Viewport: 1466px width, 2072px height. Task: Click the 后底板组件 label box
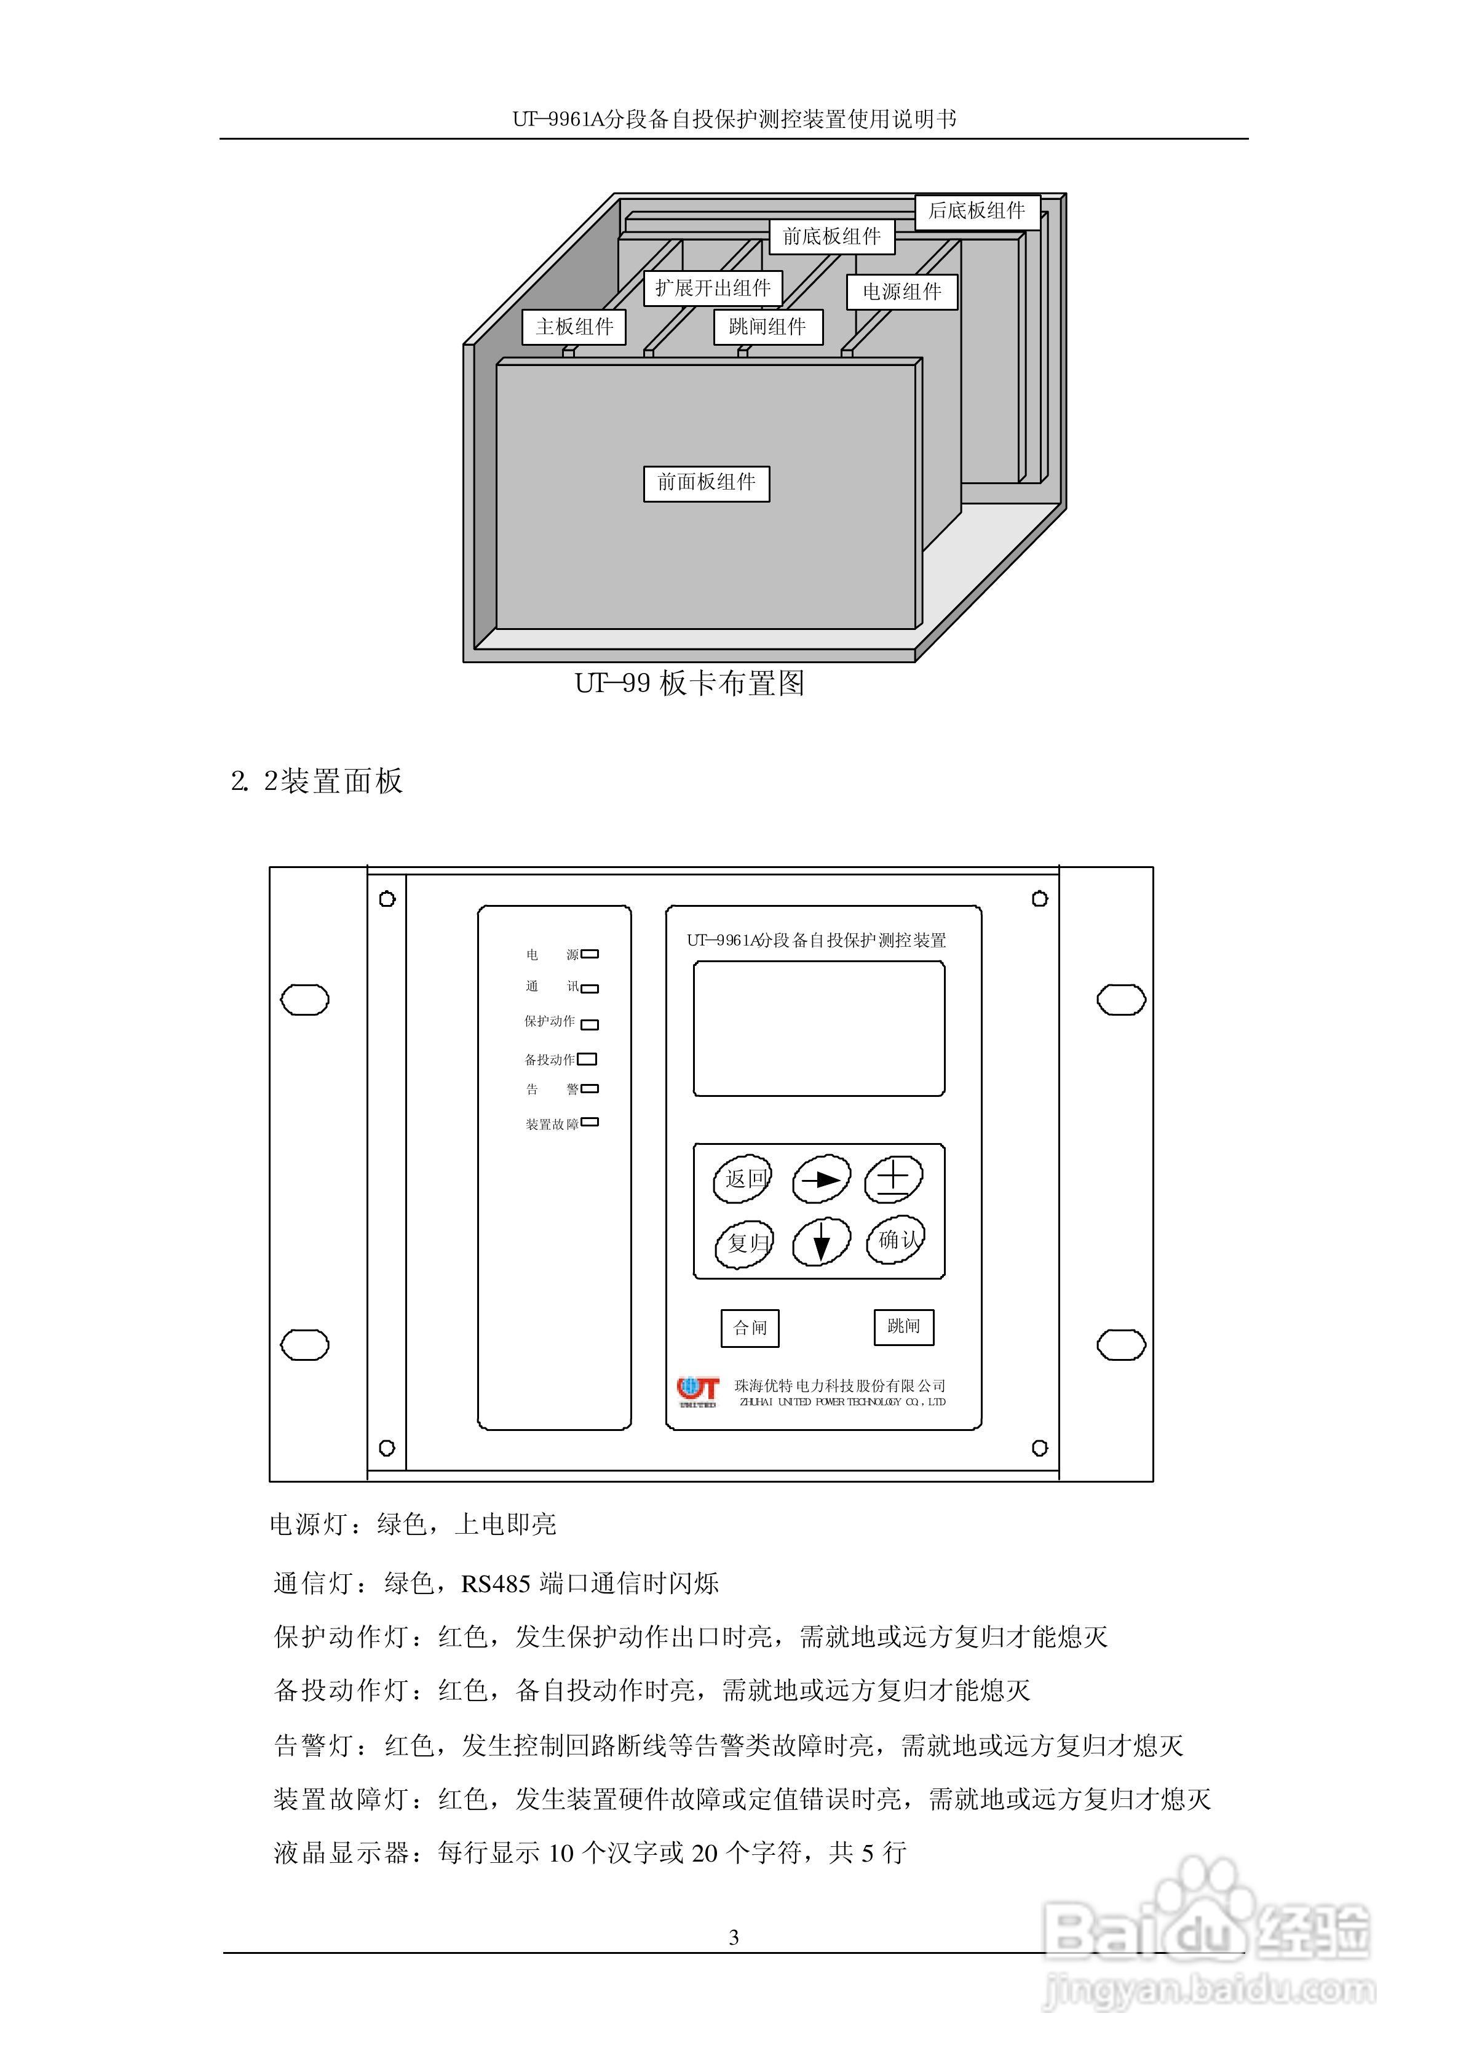point(977,211)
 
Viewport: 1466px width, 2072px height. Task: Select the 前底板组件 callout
point(831,236)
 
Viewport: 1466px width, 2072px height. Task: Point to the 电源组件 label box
point(901,292)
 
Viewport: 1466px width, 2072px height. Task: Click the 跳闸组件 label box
point(767,327)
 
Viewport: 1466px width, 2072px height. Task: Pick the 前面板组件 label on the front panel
point(706,483)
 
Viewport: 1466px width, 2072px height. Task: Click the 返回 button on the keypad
point(743,1179)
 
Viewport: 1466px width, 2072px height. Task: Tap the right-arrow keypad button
point(820,1179)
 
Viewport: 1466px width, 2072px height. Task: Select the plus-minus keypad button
point(893,1179)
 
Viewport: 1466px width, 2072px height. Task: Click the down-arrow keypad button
point(820,1243)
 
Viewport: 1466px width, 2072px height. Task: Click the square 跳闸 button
point(903,1326)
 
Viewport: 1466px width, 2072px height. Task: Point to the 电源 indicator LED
point(590,954)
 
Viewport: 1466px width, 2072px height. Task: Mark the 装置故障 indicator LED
point(590,1122)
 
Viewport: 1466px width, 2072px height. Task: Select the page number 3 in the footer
point(733,1937)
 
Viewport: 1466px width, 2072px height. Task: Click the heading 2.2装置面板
point(317,781)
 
